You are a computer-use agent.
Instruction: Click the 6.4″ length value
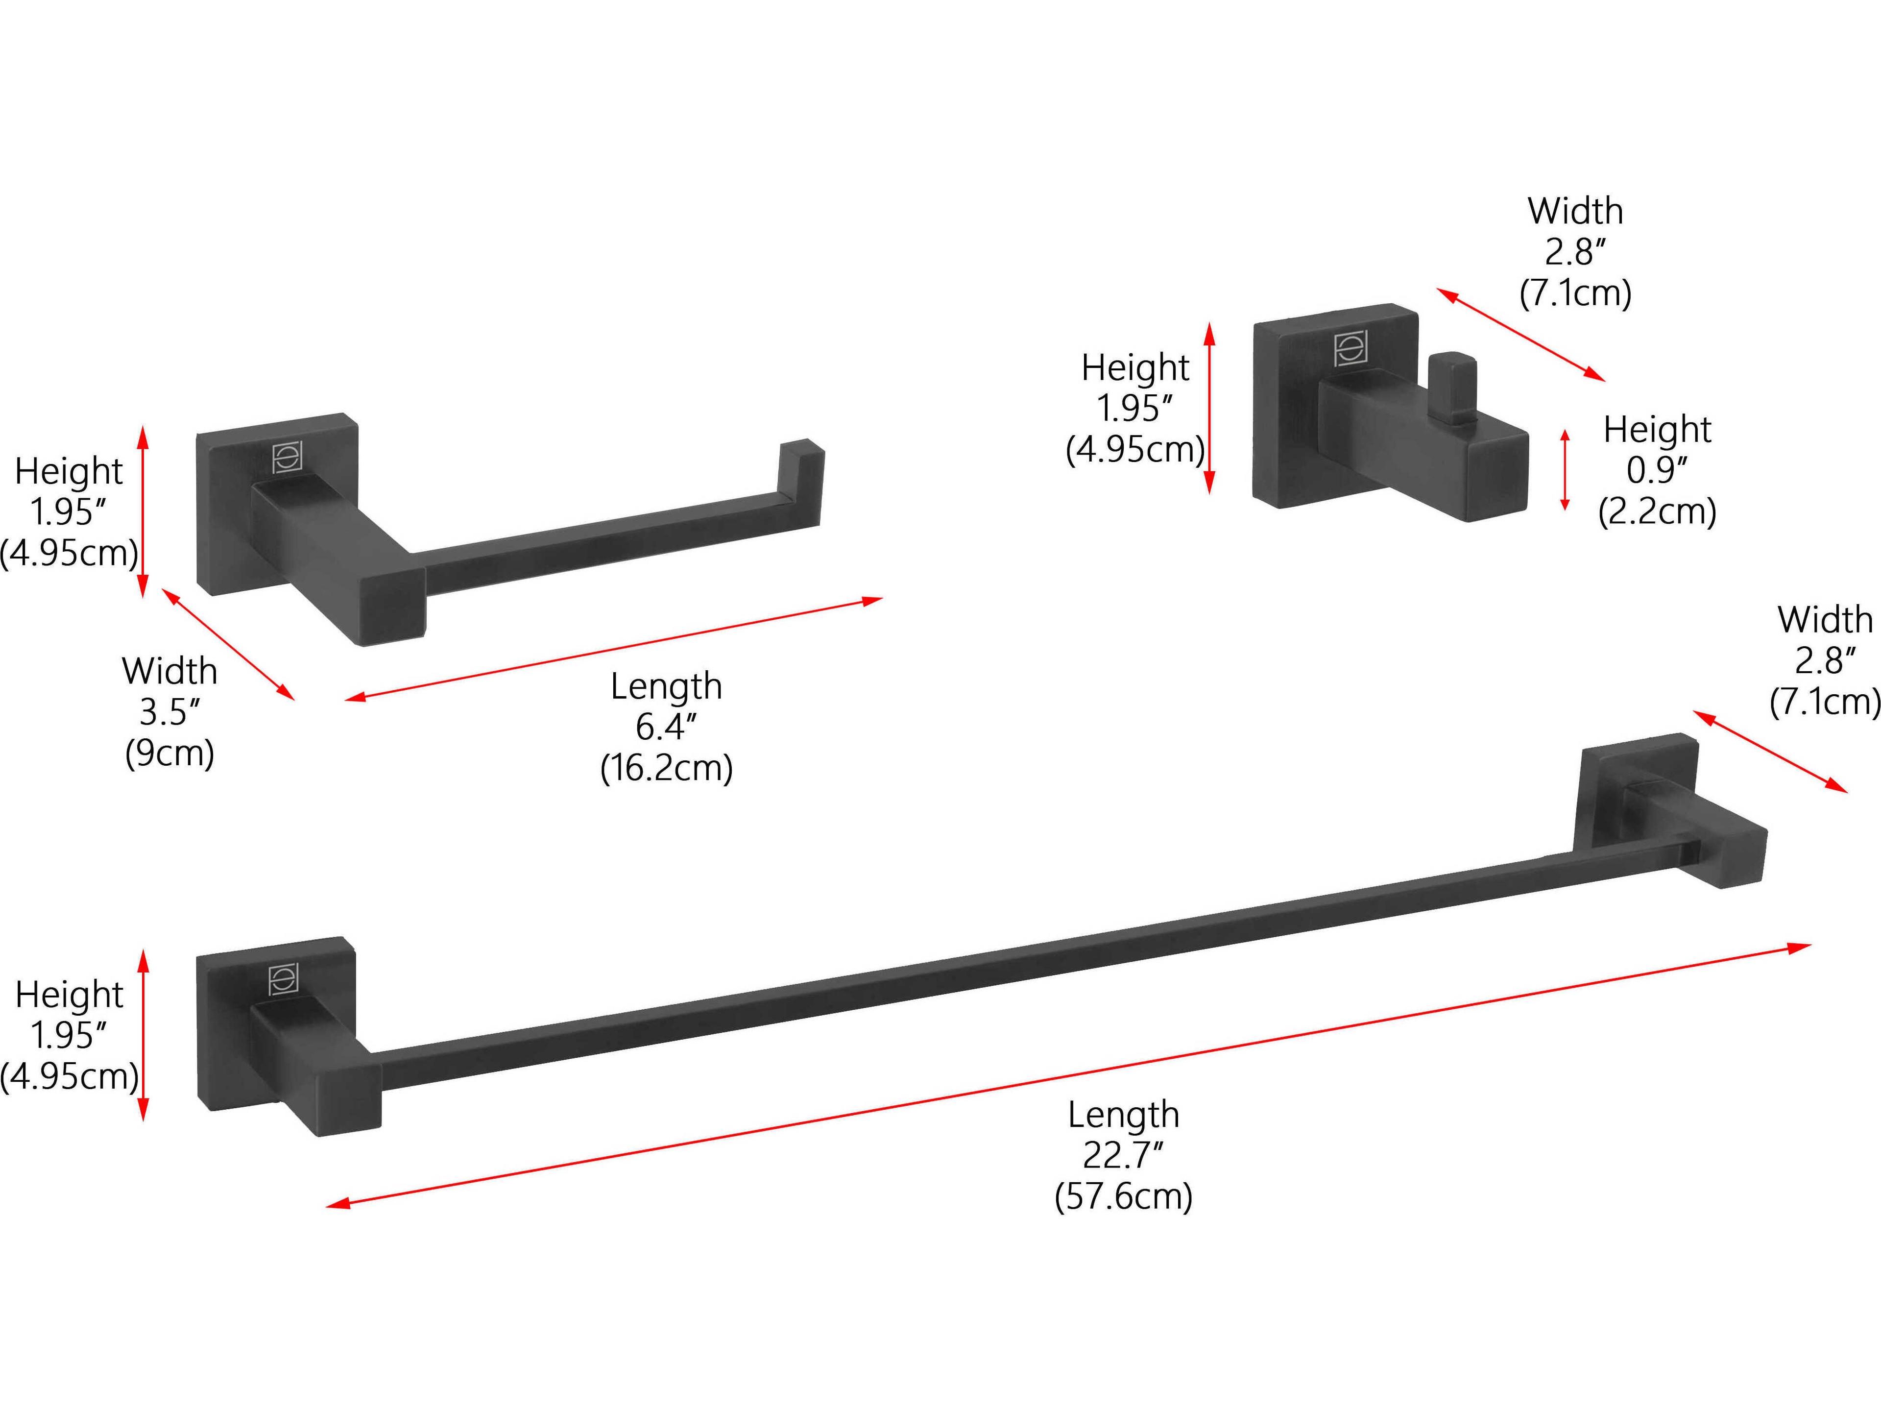tap(666, 727)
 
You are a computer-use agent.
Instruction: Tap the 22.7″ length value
tap(1123, 1155)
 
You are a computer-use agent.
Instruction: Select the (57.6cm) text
tap(1123, 1197)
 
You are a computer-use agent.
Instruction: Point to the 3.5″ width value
tap(169, 712)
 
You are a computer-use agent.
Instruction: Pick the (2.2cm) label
tap(1657, 511)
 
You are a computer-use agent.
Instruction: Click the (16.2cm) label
tap(666, 768)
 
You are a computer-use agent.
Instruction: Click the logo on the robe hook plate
tap(1350, 349)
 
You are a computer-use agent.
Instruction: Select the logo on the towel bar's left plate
tap(283, 980)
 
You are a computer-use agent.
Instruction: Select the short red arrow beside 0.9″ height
tap(1565, 470)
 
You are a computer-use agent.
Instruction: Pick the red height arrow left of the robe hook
tap(1210, 408)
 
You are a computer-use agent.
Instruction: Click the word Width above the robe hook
tap(1575, 211)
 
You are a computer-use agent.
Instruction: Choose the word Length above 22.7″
tap(1123, 1114)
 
